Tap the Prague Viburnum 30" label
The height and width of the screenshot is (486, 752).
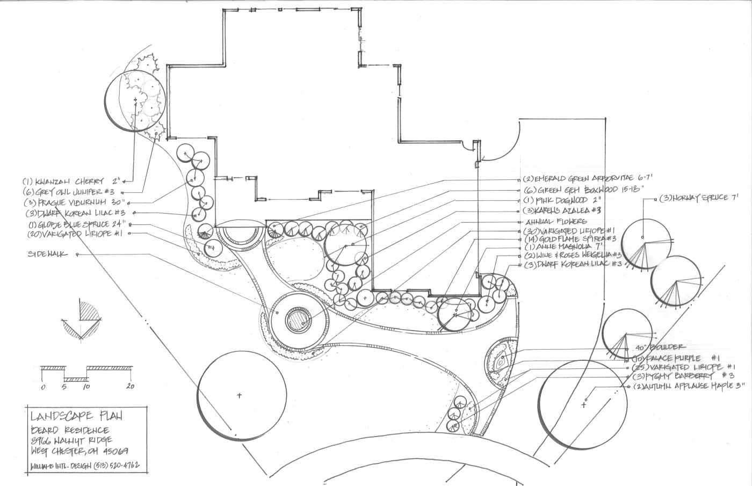tap(75, 202)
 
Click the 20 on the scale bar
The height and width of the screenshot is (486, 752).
tap(131, 386)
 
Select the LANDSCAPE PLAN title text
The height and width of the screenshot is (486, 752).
tap(77, 416)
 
